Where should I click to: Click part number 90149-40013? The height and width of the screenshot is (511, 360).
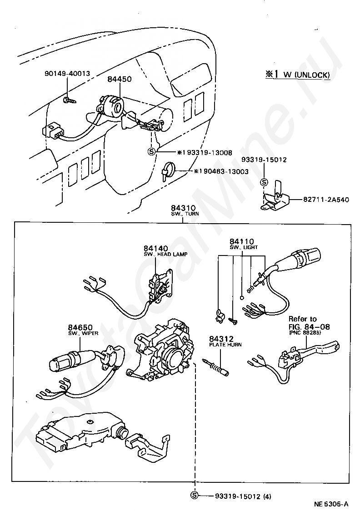point(67,73)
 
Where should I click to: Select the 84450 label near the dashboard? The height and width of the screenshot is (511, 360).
point(120,79)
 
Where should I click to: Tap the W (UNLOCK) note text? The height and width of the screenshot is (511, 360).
point(307,75)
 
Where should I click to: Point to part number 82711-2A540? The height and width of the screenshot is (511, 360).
point(326,199)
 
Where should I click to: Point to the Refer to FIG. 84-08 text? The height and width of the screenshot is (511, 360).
point(309,323)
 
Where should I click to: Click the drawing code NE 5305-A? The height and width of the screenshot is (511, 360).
point(331,504)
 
